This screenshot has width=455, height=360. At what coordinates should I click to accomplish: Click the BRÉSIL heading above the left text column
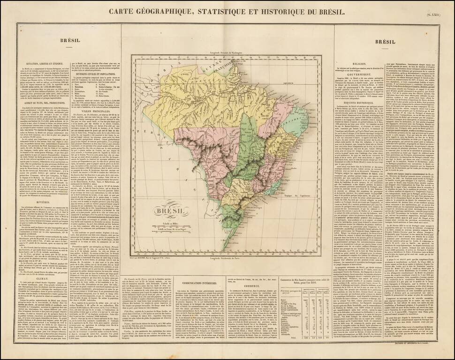point(69,42)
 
